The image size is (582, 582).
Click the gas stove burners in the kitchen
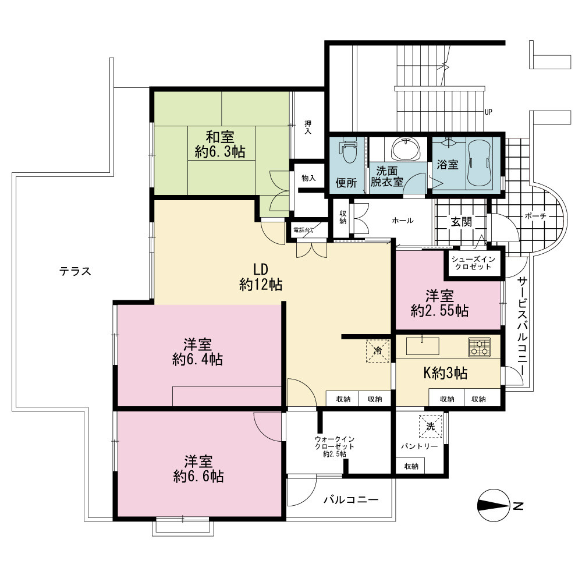479,347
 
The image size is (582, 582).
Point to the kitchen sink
423,346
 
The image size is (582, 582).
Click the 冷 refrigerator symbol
378,350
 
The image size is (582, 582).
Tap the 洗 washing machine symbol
431,427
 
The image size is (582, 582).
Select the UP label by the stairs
488,112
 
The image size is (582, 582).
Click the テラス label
75,271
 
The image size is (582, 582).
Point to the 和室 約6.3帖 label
220,144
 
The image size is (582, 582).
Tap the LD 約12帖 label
261,277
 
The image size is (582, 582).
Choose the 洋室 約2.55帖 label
439,303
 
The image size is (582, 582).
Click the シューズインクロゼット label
473,263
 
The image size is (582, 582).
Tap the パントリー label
420,446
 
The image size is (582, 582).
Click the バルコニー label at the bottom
351,499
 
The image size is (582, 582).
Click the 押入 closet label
308,127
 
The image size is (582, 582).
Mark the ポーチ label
535,216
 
